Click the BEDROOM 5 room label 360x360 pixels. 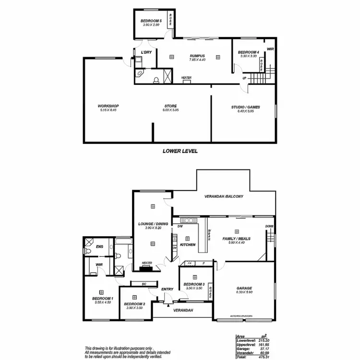(x=151, y=21)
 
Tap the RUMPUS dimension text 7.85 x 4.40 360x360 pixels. (x=197, y=60)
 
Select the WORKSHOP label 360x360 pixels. (x=108, y=106)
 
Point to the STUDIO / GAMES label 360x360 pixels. (x=245, y=107)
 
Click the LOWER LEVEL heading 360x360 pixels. (x=180, y=151)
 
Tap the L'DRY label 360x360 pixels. (x=146, y=52)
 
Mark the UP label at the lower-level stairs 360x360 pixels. (x=245, y=78)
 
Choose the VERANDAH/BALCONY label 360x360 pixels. (x=224, y=196)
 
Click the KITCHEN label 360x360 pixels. (x=187, y=245)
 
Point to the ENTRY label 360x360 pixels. (x=167, y=289)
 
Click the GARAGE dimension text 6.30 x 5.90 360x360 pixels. (x=244, y=292)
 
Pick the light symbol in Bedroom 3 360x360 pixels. (x=194, y=277)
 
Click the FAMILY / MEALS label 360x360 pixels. (x=236, y=239)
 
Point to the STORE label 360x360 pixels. (x=170, y=106)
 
